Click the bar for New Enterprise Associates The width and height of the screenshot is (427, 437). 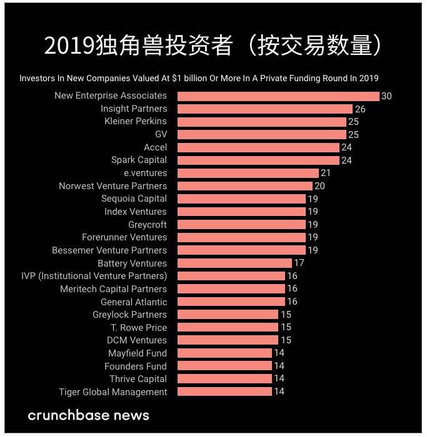[x=278, y=96]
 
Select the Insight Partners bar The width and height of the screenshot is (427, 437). [x=265, y=109]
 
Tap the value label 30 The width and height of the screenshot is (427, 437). [x=386, y=96]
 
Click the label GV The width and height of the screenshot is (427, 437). [x=161, y=134]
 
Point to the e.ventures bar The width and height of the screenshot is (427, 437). [x=248, y=173]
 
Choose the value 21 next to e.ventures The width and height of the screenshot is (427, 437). [x=325, y=173]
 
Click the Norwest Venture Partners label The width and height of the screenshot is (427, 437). [x=113, y=186]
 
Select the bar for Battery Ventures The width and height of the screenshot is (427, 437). [x=234, y=263]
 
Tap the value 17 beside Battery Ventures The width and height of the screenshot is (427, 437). [x=299, y=263]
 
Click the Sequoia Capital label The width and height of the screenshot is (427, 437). [x=134, y=199]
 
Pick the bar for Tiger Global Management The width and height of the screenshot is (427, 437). [x=224, y=391]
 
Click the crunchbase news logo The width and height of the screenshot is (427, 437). [x=88, y=415]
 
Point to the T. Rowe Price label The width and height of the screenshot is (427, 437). [x=139, y=327]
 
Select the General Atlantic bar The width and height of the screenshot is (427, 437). [x=231, y=302]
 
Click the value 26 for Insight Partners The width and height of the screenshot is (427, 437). [x=360, y=109]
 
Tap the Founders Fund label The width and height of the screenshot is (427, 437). [x=136, y=366]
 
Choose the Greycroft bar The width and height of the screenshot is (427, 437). [x=241, y=224]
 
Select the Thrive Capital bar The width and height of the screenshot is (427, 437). [x=224, y=378]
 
